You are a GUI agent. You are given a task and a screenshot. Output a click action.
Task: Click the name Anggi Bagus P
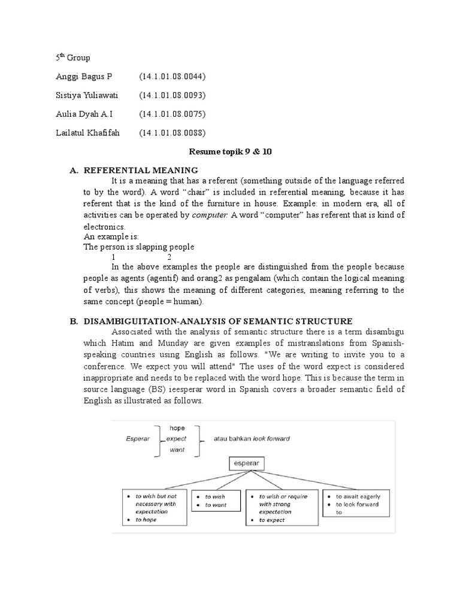[x=84, y=77]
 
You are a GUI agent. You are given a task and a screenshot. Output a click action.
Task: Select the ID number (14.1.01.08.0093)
[x=172, y=95]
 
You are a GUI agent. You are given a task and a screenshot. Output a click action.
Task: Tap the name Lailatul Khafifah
[x=88, y=133]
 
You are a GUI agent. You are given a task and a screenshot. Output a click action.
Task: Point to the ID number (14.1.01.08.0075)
[x=172, y=114]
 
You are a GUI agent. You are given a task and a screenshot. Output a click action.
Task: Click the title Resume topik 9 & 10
[x=230, y=151]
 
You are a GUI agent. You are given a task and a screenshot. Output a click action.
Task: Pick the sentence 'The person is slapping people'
[x=138, y=247]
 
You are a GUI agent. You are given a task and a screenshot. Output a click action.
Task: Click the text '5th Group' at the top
[x=73, y=58]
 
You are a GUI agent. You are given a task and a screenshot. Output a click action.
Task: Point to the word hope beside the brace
[x=177, y=428]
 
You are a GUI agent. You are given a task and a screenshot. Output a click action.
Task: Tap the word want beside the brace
[x=177, y=450]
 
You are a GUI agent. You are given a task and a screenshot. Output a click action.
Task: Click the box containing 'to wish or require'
[x=283, y=508]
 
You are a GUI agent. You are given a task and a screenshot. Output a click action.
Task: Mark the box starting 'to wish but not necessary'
[x=153, y=508]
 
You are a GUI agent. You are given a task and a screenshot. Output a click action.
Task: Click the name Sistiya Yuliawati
[x=87, y=95]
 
